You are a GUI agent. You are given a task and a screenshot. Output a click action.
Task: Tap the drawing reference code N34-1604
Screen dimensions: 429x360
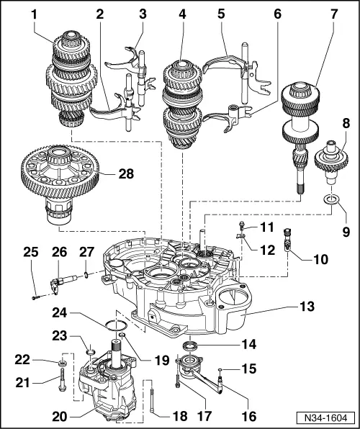328,417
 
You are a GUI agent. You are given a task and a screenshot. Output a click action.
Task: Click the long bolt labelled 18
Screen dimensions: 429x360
154,399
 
